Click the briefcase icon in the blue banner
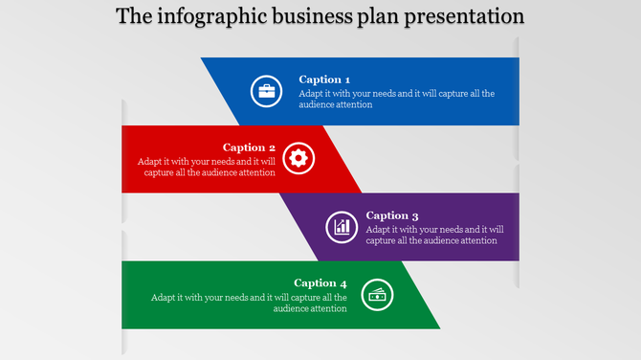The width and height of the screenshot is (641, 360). (266, 92)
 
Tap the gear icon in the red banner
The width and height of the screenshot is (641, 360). (298, 159)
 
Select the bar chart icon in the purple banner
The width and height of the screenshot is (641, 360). (342, 227)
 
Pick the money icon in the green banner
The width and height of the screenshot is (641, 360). (378, 295)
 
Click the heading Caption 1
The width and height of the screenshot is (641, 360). (324, 79)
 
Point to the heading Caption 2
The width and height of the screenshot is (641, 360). (249, 147)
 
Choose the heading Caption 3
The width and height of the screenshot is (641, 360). (392, 215)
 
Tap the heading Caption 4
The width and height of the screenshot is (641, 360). (320, 282)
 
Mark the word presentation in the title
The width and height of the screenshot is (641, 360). (466, 17)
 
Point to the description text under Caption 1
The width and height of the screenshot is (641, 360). (396, 99)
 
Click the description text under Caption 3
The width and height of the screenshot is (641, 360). (434, 235)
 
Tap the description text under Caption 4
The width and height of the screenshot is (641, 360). (249, 303)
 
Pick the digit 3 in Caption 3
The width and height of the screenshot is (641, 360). (415, 215)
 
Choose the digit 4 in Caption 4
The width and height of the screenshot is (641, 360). (343, 282)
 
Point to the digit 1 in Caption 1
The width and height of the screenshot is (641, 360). (347, 79)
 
